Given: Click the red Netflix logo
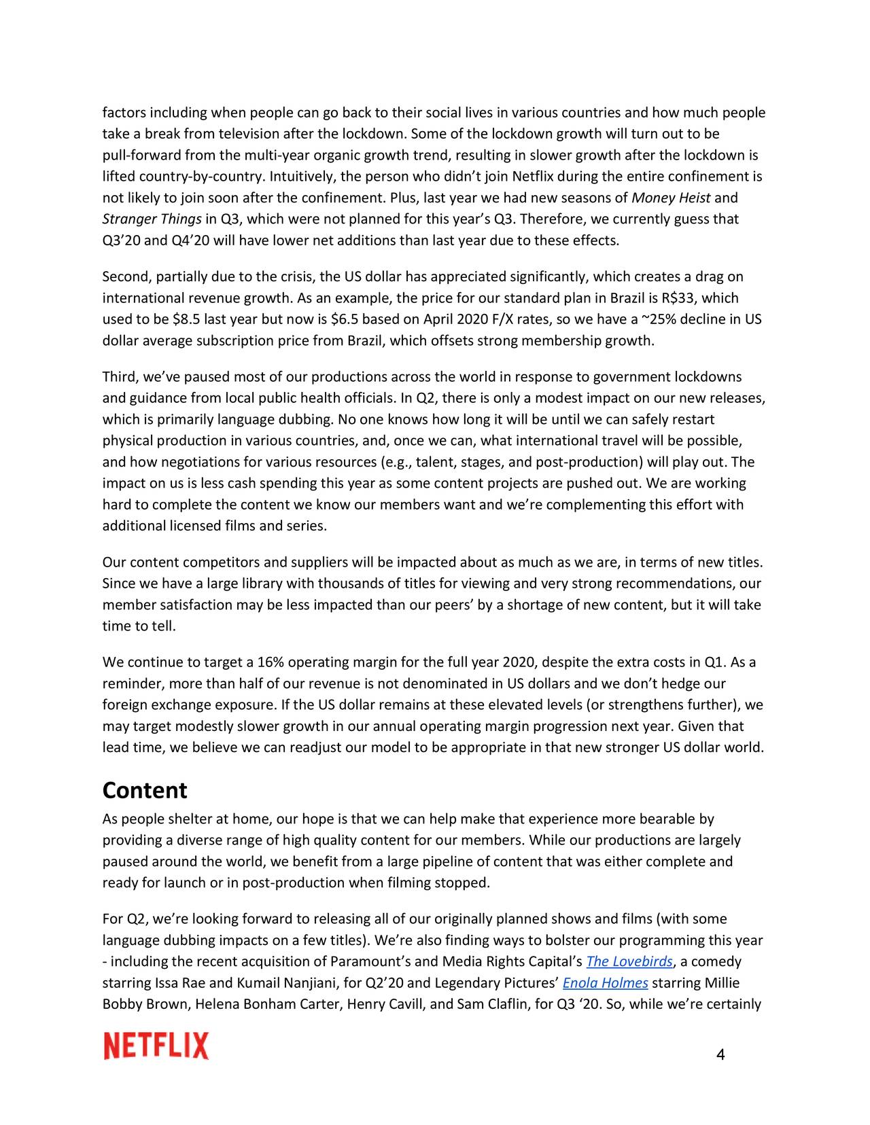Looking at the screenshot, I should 156,1046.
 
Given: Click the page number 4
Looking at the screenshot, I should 720,1055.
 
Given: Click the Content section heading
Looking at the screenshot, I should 144,791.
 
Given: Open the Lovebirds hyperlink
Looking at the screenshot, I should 629,962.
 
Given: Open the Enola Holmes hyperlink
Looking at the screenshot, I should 605,983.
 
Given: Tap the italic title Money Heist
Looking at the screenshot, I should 671,198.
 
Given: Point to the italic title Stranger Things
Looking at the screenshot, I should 152,219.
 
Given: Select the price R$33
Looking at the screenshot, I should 680,298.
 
